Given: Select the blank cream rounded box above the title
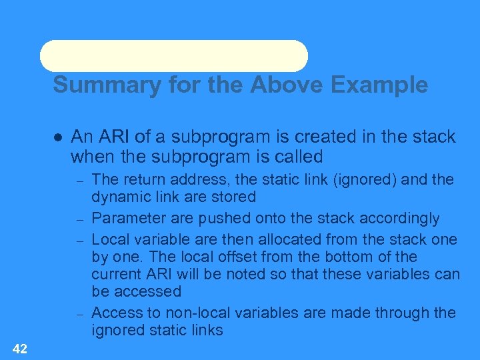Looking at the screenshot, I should coord(173,56).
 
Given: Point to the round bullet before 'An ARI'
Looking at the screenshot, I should coord(57,137).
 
